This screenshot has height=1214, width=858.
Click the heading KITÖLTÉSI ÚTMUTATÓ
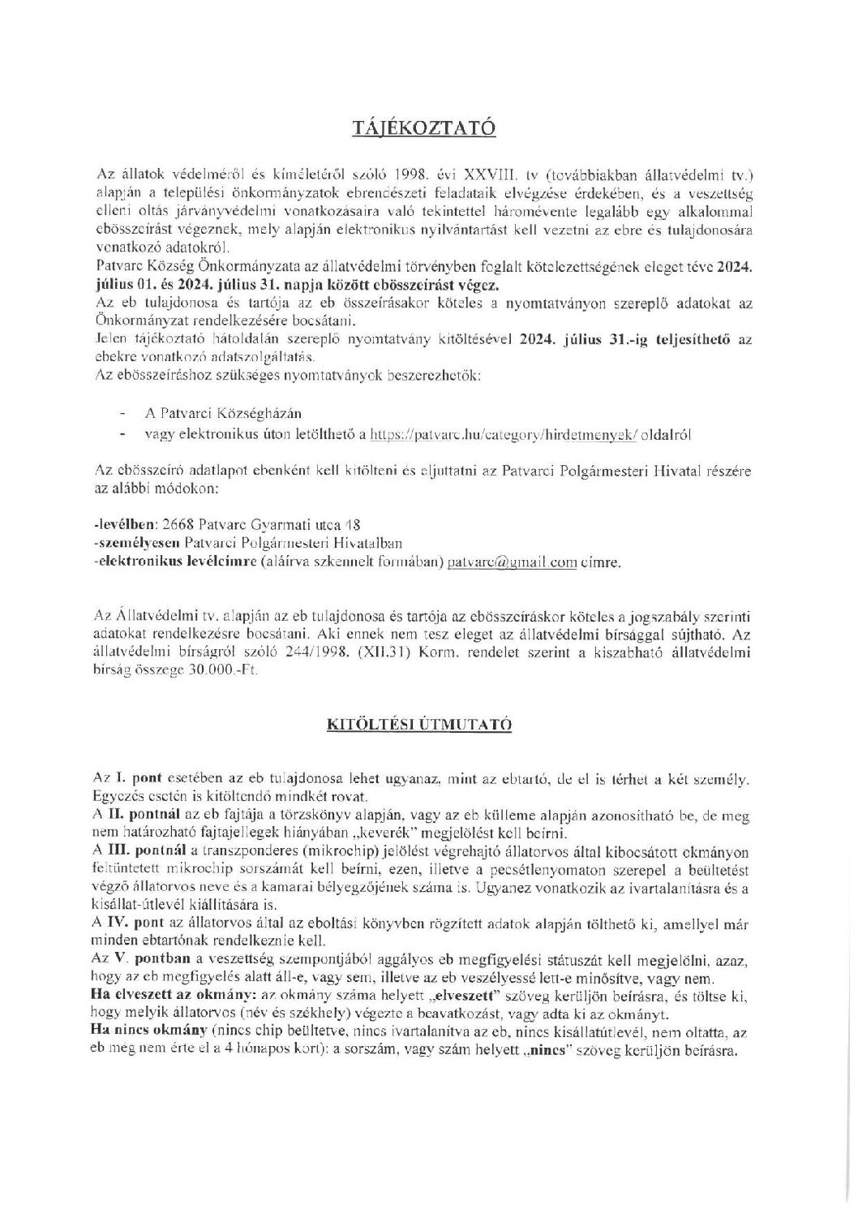point(429,725)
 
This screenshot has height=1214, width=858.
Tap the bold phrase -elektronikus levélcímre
point(174,561)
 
